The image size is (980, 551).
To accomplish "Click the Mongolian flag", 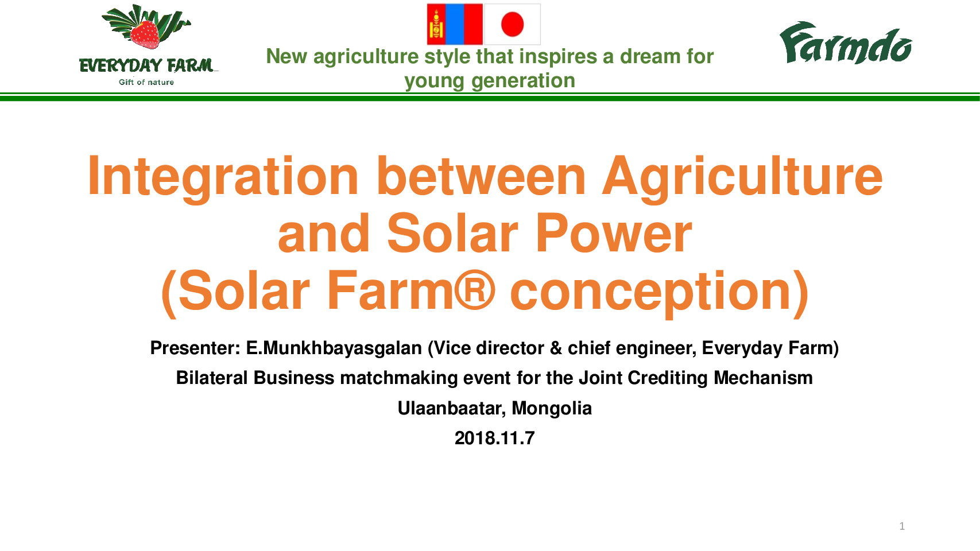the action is [x=455, y=24].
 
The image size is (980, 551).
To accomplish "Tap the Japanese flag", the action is [x=512, y=24].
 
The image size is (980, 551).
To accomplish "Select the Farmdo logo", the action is [x=846, y=43].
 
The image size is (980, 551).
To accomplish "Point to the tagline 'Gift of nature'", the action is [x=146, y=82].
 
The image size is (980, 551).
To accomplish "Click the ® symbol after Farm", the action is [x=475, y=289].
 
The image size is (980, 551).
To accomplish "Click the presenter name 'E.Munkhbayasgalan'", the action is [x=334, y=348].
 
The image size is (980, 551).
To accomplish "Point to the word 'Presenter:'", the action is [x=195, y=348].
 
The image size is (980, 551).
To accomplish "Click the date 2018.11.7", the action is [x=494, y=438].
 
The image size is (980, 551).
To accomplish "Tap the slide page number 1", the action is [x=902, y=526].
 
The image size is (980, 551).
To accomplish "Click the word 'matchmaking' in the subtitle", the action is [x=398, y=378].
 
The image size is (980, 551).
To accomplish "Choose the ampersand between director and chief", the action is [x=556, y=348].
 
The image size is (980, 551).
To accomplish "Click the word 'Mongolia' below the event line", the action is [x=552, y=409].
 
